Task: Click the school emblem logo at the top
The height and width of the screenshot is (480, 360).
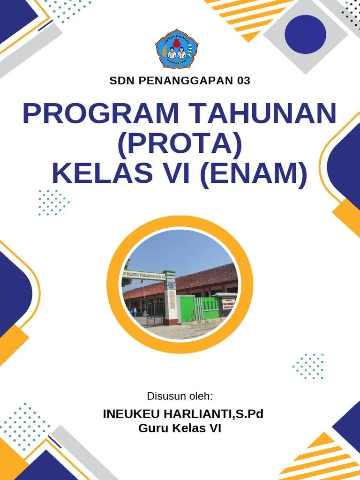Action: click(177, 49)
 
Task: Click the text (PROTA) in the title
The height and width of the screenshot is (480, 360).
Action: click(180, 143)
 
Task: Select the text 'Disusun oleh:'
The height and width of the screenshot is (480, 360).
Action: click(180, 396)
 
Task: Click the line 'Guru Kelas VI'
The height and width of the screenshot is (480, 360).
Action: click(180, 428)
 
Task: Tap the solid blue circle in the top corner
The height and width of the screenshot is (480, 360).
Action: click(305, 34)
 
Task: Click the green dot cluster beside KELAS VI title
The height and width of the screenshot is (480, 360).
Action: click(53, 202)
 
